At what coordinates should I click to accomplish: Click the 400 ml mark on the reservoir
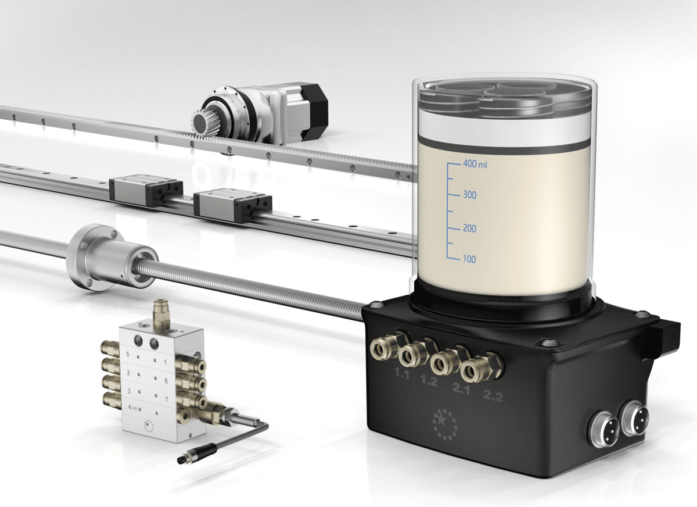point(475,165)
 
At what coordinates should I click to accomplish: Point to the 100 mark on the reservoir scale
point(469,259)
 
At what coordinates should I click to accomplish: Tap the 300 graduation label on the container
point(469,195)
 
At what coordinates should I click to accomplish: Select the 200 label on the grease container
point(469,228)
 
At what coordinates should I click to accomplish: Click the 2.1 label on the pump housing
point(461,390)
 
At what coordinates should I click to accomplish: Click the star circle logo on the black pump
point(445,423)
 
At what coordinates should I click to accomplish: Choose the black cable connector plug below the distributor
point(197,454)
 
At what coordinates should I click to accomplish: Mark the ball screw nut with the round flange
point(110,256)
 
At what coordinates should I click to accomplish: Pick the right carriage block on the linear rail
point(232,202)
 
